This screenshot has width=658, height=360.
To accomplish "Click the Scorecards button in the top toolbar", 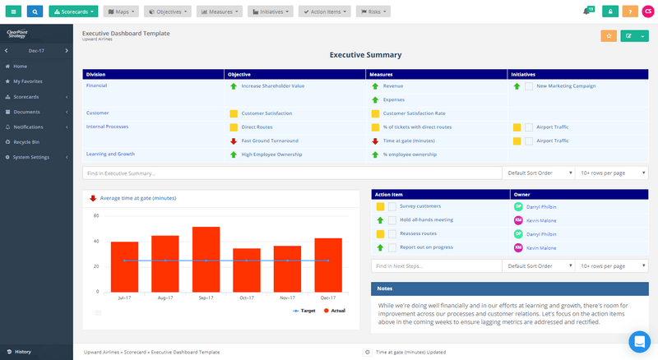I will tap(73, 12).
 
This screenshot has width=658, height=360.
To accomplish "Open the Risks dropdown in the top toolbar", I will tap(373, 12).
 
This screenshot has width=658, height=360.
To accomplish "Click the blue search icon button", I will tap(36, 12).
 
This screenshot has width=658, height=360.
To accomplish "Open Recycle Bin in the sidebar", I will tap(26, 141).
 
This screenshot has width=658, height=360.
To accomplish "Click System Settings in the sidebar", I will tap(31, 157).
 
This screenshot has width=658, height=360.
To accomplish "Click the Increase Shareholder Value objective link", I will tap(272, 85).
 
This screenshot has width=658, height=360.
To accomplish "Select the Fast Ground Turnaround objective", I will tap(270, 141).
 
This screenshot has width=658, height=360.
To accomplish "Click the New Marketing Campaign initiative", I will tap(566, 85).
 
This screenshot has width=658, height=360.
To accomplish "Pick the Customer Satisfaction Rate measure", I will tap(414, 113).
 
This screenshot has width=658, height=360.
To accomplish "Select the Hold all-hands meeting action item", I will tap(426, 220).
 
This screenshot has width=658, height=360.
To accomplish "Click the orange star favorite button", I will tap(609, 35).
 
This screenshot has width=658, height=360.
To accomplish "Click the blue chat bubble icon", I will tap(639, 341).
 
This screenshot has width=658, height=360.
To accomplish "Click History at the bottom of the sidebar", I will tap(22, 352).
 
